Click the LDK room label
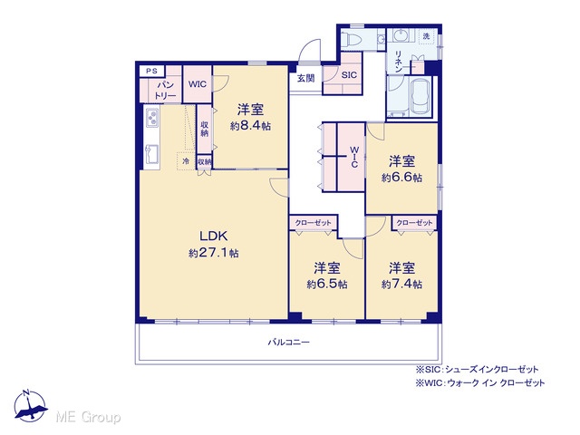(x=214, y=236)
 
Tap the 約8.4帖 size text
(x=250, y=126)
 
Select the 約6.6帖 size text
(x=401, y=178)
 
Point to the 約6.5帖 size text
(x=327, y=284)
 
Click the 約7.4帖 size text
(x=401, y=284)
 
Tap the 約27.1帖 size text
(x=214, y=253)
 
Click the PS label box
(x=151, y=71)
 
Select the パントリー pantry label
(x=165, y=91)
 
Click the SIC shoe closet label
(x=349, y=75)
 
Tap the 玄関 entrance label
(x=306, y=79)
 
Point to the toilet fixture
(x=353, y=39)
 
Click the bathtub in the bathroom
(x=420, y=97)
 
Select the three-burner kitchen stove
(x=152, y=118)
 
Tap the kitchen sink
(x=152, y=154)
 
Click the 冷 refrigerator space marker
(x=186, y=161)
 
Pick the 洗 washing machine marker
(x=427, y=36)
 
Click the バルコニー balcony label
(x=288, y=343)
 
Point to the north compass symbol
(x=30, y=406)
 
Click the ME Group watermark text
(x=88, y=417)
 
